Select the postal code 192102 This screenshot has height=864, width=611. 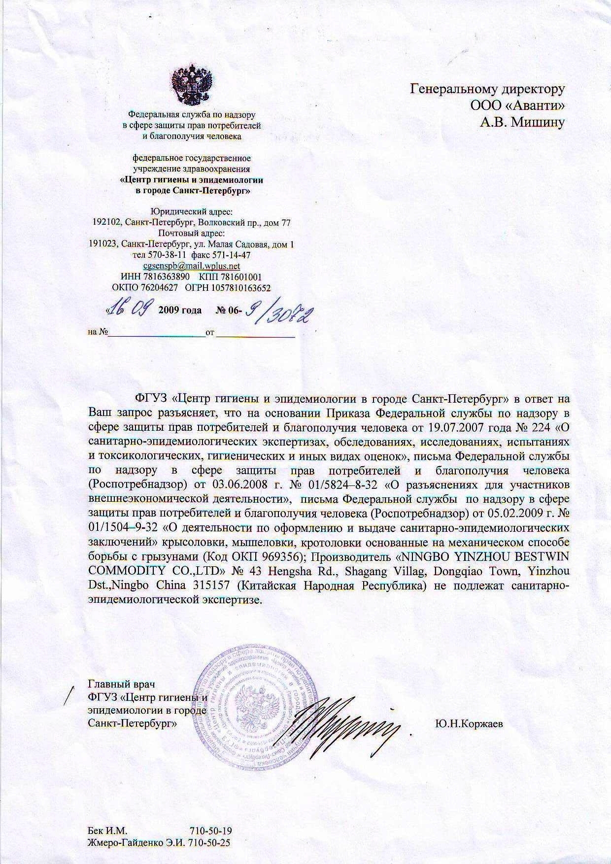(x=106, y=223)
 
